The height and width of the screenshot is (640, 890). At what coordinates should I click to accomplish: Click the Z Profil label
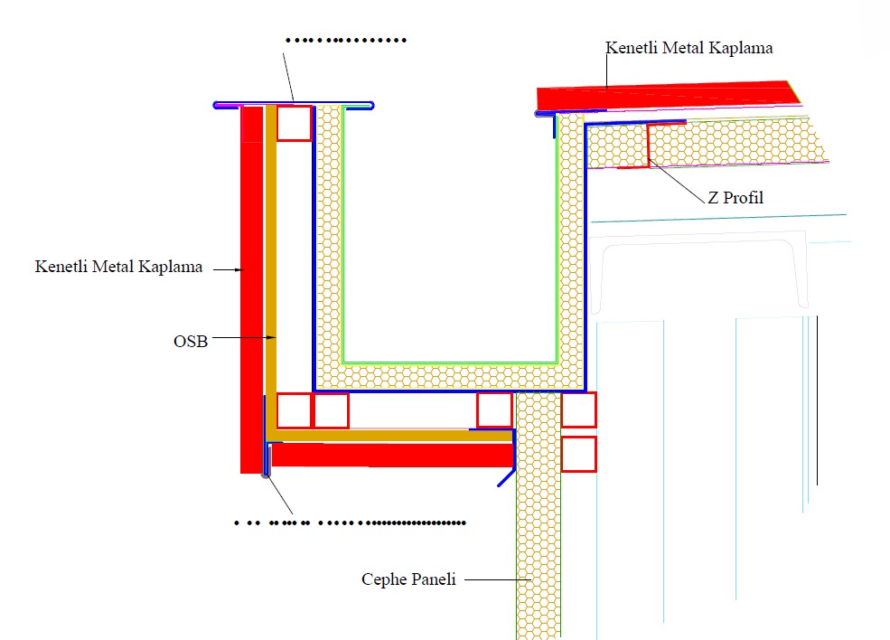(735, 197)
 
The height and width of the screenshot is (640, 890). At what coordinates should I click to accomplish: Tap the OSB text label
(190, 342)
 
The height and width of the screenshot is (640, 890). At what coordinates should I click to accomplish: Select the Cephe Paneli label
(408, 579)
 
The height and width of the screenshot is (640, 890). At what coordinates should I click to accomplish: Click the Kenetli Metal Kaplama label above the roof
(689, 48)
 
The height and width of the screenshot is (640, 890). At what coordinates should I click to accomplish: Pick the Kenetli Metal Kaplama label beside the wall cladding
(118, 268)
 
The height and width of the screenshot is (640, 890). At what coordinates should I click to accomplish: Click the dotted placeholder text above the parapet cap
(345, 41)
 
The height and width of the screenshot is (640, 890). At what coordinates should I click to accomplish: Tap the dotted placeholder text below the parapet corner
(349, 522)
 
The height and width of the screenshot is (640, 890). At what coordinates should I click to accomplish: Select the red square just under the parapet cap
(294, 123)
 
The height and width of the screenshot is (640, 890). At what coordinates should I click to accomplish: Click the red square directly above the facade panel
(494, 410)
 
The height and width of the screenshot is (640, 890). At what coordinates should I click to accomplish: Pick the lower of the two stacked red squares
(578, 454)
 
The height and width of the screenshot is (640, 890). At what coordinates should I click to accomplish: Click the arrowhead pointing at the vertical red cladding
(241, 268)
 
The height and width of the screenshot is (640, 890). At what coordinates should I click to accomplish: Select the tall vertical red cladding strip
(251, 289)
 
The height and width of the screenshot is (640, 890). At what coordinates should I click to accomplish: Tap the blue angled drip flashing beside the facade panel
(507, 475)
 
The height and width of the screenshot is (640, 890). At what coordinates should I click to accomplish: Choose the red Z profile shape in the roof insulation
(648, 145)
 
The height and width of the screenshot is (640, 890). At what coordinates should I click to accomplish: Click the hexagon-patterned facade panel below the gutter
(538, 542)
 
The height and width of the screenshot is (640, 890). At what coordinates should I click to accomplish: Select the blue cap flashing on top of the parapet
(294, 104)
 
